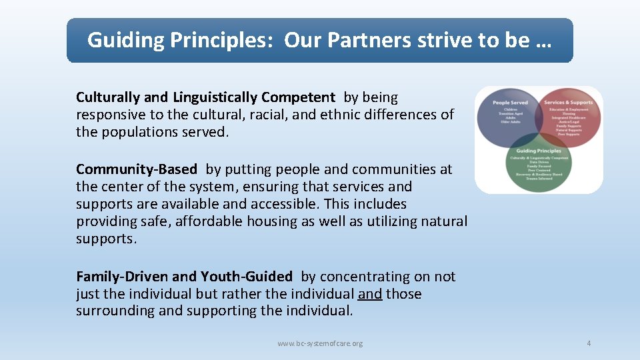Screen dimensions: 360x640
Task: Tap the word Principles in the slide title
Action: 224,40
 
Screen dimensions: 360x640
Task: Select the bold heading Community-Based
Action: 137,169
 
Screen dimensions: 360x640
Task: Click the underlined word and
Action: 370,293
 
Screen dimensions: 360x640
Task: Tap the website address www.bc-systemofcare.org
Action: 320,343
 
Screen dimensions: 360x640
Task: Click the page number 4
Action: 589,343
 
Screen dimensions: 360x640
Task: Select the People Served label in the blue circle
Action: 510,103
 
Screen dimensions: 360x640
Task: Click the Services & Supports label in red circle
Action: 568,103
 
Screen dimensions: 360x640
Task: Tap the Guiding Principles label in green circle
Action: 539,151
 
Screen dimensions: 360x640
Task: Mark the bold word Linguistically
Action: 215,97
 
